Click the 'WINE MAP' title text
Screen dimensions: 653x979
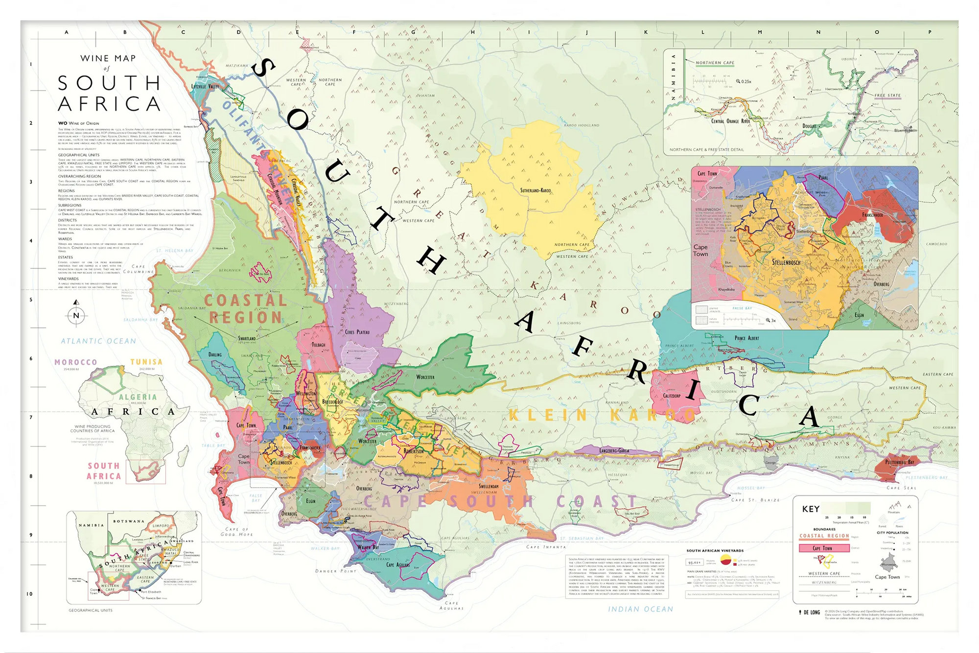pos(108,58)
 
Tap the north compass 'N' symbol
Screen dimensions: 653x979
pos(76,315)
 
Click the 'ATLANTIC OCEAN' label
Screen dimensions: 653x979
pos(98,341)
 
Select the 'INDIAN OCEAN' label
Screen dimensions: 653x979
pos(640,609)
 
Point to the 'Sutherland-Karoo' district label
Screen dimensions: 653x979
pos(536,190)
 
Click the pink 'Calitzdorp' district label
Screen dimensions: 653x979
pos(672,396)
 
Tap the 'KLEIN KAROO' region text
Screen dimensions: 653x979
pos(602,416)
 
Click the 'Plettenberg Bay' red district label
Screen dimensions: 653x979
pos(900,462)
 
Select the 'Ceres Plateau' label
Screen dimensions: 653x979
pos(357,332)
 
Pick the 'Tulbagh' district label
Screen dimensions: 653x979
pos(319,345)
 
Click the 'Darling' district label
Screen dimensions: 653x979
pos(215,354)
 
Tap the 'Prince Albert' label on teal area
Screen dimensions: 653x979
pos(746,338)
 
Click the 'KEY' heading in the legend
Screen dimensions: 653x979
pos(811,509)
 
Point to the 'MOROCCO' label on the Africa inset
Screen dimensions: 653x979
pos(75,362)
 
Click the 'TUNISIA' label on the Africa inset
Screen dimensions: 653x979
pos(146,362)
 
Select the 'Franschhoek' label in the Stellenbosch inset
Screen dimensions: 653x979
pos(872,215)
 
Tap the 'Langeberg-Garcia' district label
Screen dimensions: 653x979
pos(614,450)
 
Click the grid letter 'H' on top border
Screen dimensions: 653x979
pos(472,32)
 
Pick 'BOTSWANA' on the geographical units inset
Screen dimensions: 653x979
pos(129,521)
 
